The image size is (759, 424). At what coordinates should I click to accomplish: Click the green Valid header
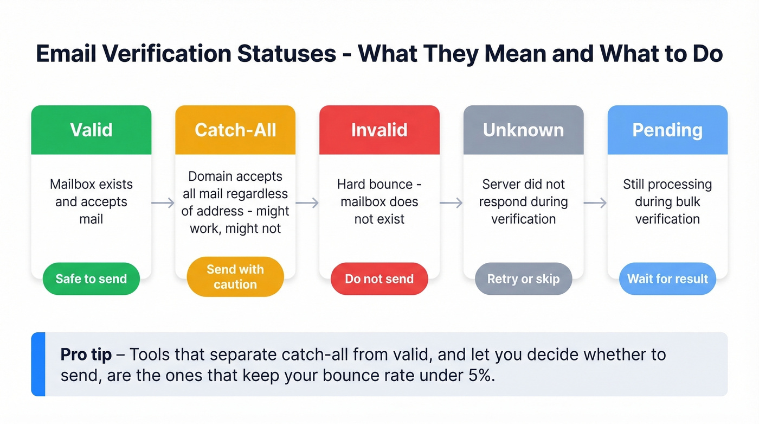tap(91, 130)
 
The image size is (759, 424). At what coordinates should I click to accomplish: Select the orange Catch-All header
tap(235, 130)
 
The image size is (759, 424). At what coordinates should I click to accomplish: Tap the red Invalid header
tap(379, 130)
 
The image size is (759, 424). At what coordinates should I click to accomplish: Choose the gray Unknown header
tap(523, 130)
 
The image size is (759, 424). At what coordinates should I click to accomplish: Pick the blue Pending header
tap(667, 130)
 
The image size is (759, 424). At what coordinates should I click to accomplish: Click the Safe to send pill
tap(91, 279)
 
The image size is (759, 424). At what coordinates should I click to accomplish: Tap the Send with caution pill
tap(235, 277)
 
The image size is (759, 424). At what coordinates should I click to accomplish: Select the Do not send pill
tap(379, 279)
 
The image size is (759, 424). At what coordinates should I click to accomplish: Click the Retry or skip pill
tap(523, 279)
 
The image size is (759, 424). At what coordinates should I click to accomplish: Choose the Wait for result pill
tap(667, 279)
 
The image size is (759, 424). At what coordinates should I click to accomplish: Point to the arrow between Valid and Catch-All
tap(163, 203)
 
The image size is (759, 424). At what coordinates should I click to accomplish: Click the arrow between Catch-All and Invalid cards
tap(307, 203)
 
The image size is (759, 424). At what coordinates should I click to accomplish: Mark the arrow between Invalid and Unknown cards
tap(451, 203)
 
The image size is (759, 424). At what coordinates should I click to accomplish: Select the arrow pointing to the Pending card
tap(595, 203)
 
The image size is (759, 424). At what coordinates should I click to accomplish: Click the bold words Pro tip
tap(86, 355)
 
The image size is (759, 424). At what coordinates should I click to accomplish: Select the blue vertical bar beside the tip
tap(38, 364)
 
